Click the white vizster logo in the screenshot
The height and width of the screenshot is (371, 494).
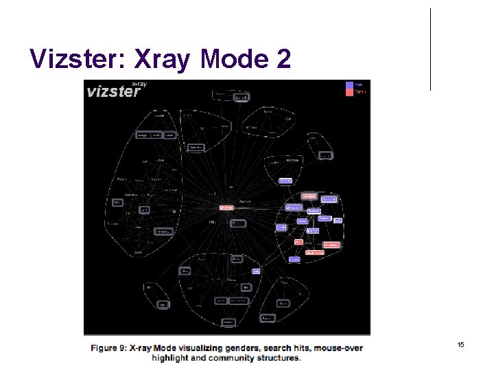[x=113, y=91]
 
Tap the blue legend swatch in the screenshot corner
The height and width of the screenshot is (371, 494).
[x=351, y=85]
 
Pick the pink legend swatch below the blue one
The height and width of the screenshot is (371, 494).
[x=351, y=92]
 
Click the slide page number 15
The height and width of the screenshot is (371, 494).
[x=460, y=344]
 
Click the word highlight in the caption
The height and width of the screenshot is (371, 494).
[x=171, y=358]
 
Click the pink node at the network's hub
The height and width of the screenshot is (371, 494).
[x=226, y=207]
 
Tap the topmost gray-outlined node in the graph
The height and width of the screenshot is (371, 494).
[x=240, y=98]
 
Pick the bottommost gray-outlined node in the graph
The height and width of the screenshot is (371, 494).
[x=228, y=322]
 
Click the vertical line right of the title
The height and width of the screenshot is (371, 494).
[x=431, y=49]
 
